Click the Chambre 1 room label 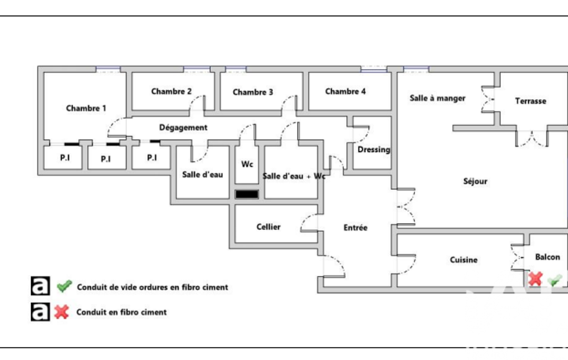(x=86, y=108)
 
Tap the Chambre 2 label (x=172, y=91)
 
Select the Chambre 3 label (x=253, y=92)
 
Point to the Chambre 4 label (x=345, y=91)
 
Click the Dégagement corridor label (x=183, y=127)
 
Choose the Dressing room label (x=373, y=150)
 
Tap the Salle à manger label (x=437, y=98)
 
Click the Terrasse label (x=530, y=101)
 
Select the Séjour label (x=475, y=181)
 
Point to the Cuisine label (x=463, y=260)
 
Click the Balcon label (x=547, y=257)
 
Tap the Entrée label (x=355, y=228)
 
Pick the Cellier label (x=268, y=227)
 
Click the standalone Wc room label (x=247, y=164)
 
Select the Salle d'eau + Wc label (x=294, y=176)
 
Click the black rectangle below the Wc (x=247, y=194)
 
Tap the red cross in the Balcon (x=535, y=279)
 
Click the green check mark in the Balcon (x=554, y=280)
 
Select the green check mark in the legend (x=64, y=286)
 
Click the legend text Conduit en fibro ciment (x=121, y=312)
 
